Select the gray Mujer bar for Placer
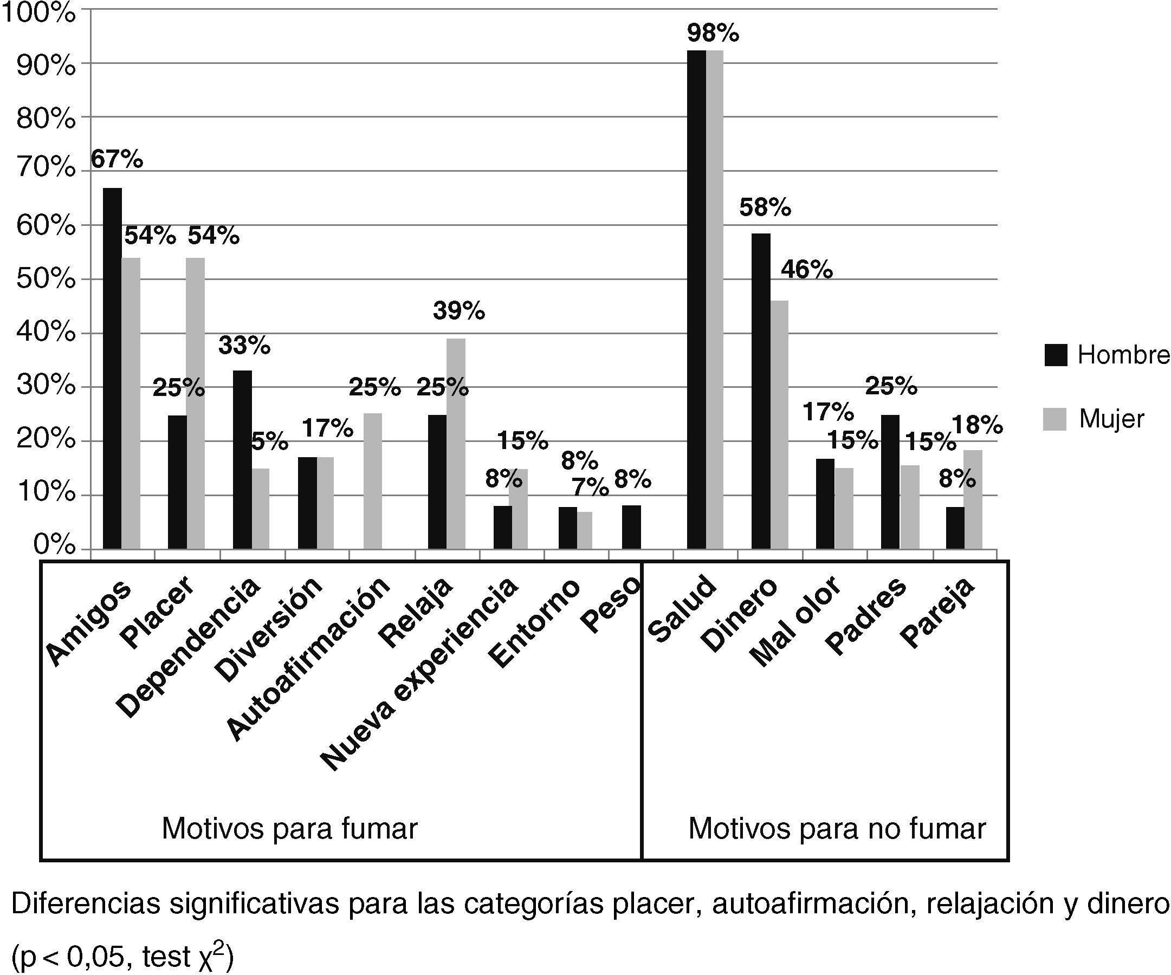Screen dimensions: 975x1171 pos(195,403)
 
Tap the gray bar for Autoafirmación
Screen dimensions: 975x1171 pos(372,481)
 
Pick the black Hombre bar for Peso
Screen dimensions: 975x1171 pos(631,527)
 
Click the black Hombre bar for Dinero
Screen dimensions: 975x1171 pos(761,391)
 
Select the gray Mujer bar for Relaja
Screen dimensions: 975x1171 pos(456,444)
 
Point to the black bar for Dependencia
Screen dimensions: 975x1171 pos(242,459)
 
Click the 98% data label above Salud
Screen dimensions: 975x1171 pos(713,34)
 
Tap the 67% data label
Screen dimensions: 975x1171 pos(117,160)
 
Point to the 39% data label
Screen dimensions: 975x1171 pos(459,311)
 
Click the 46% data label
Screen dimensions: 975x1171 pos(806,270)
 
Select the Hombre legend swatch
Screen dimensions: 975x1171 pos(1055,355)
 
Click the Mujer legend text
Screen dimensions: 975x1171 pos(1111,419)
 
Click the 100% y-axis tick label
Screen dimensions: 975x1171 pos(38,14)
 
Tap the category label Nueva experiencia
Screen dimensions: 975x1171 pos(419,674)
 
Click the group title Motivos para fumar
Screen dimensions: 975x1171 pos(289,829)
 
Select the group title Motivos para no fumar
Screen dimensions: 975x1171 pos(837,829)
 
